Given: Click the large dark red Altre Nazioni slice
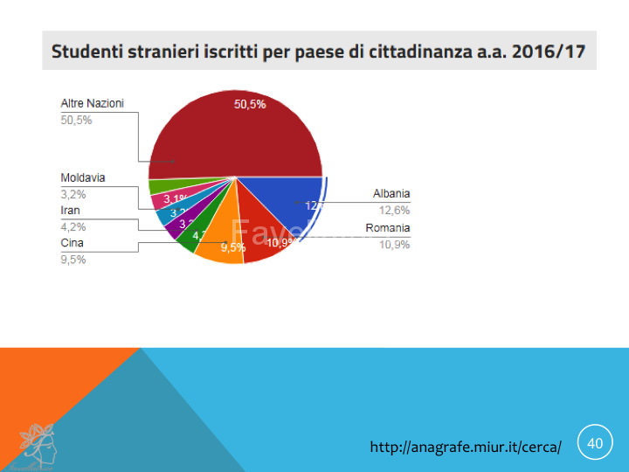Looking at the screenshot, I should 236,135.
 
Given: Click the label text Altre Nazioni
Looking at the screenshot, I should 92,103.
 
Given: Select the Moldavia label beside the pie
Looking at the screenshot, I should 83,177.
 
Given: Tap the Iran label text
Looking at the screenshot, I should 70,211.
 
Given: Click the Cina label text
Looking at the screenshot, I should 72,243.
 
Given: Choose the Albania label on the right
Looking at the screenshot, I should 391,193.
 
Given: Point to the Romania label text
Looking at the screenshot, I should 387,228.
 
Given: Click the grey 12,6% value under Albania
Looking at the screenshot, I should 395,210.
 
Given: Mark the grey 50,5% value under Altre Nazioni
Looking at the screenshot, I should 76,120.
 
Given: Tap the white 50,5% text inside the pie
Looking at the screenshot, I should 250,104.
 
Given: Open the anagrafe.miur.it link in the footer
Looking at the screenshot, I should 466,447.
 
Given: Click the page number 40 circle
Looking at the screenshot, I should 595,443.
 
